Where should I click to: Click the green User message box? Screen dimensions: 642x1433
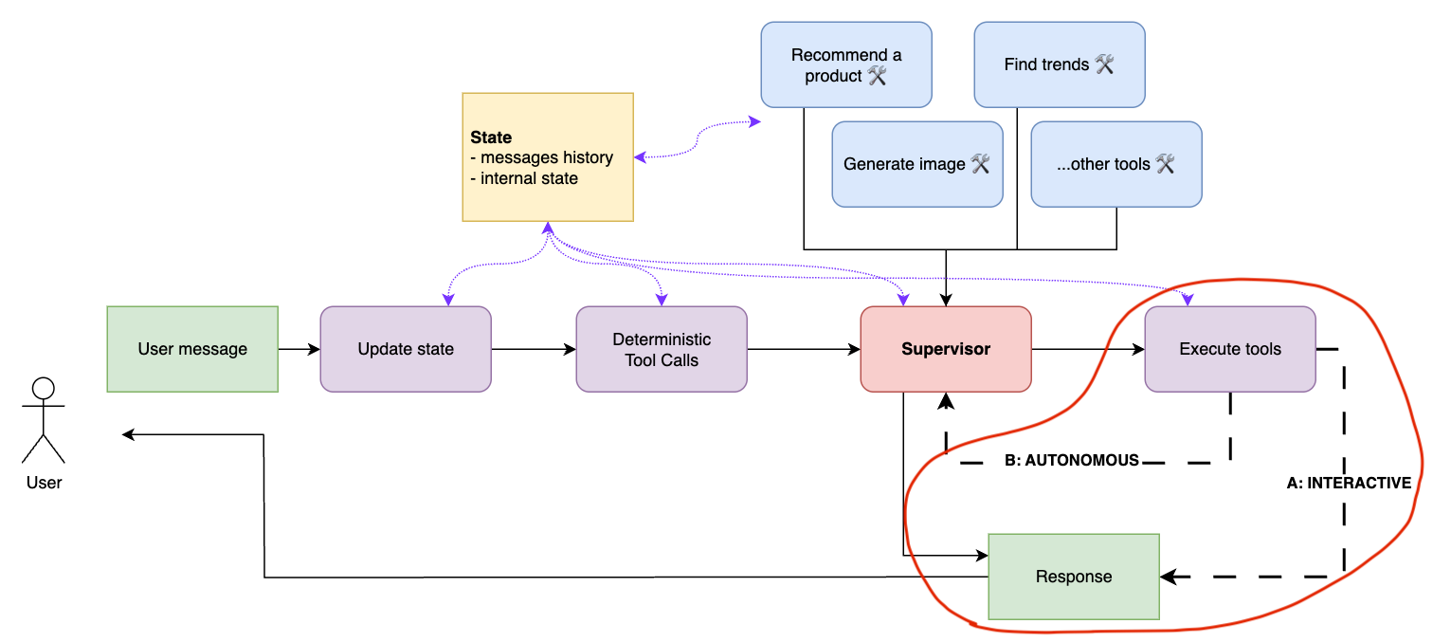click(192, 349)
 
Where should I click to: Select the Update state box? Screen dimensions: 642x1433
click(406, 349)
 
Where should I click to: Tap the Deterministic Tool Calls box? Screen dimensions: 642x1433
click(662, 349)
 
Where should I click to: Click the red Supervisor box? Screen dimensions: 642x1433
click(946, 349)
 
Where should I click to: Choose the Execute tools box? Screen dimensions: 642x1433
click(1230, 349)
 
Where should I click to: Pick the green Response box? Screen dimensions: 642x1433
click(1074, 577)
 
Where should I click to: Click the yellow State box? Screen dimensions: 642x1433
click(548, 156)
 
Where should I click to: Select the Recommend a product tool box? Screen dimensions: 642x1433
click(846, 65)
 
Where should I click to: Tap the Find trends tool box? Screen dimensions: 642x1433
click(1060, 65)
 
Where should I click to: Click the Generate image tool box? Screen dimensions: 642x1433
click(917, 164)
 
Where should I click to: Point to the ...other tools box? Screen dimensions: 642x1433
click(1116, 164)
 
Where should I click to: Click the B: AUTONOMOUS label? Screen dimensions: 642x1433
click(1071, 461)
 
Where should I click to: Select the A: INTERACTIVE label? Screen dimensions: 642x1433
click(1349, 484)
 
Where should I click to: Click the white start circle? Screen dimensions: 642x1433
click(44, 389)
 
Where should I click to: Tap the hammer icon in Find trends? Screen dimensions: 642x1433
click(1104, 64)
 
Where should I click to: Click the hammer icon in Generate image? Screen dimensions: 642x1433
click(980, 164)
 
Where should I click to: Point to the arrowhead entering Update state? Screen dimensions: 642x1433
click(446, 302)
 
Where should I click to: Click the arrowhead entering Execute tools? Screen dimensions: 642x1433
click(1188, 302)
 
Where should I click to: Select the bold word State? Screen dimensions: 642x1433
click(491, 138)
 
